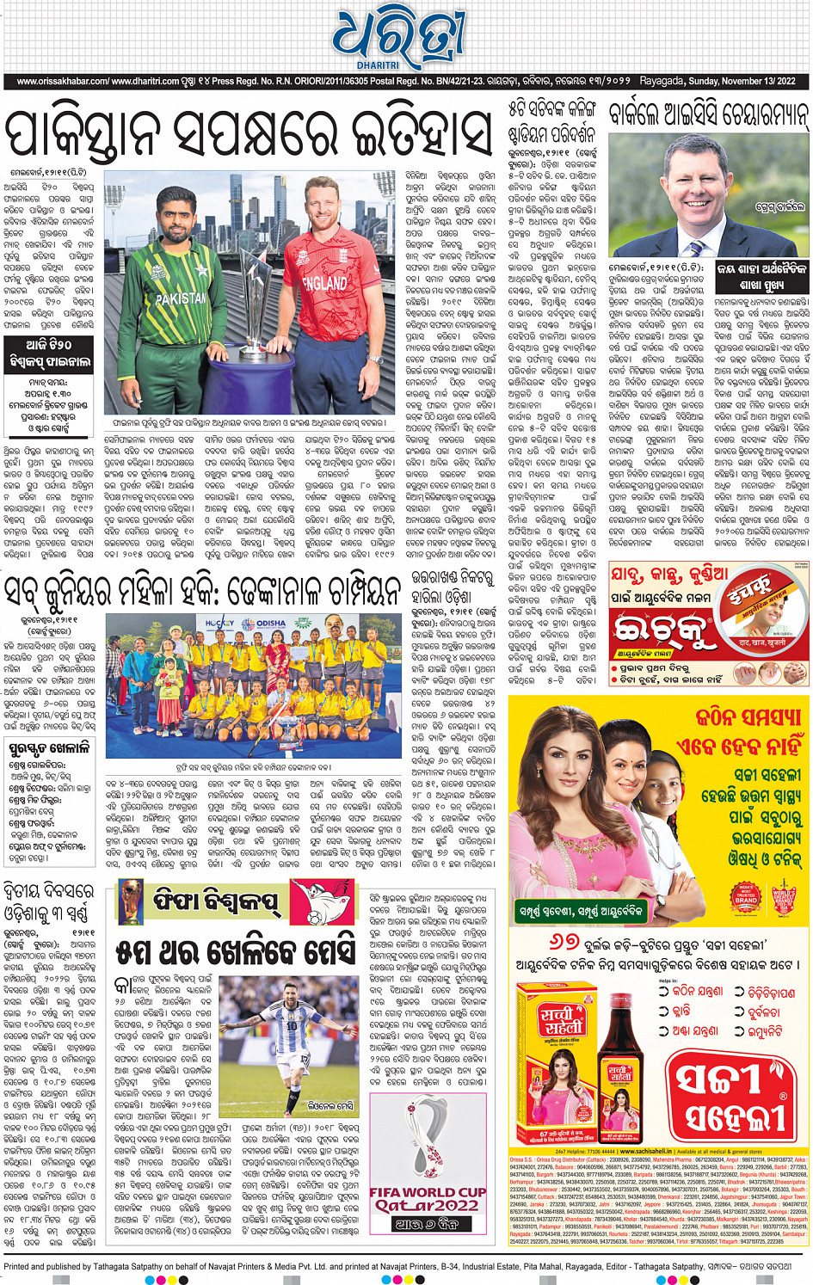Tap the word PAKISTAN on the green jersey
point(182,298)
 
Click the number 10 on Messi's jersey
point(292,1026)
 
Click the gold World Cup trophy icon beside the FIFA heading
point(131,901)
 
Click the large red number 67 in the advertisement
point(564,943)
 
